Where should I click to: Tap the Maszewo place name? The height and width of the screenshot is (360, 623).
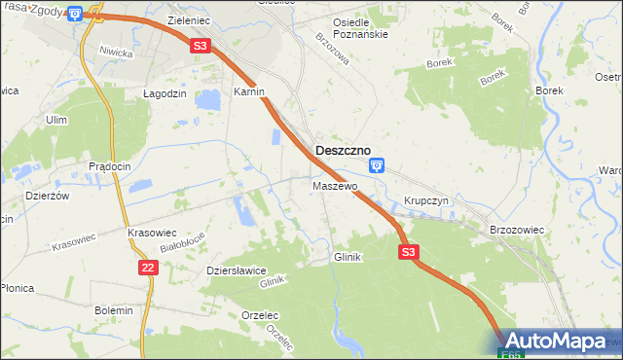335,185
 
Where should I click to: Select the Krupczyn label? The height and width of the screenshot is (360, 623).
424,201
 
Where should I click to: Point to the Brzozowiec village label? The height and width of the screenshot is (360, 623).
516,229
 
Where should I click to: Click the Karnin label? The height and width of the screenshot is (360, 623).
249,91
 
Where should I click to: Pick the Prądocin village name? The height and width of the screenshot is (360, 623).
109,166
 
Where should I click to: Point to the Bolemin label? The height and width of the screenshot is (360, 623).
113,310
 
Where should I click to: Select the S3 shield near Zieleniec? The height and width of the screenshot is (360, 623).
200,45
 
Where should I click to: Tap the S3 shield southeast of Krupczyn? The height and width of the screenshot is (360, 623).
409,252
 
